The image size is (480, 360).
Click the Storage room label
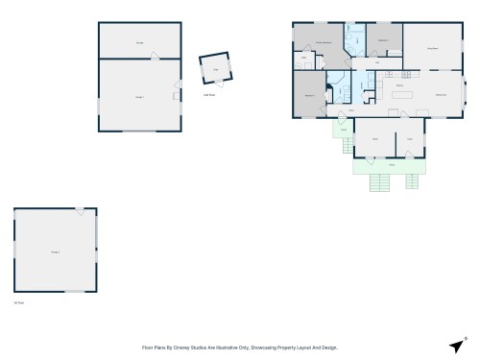click(x=140, y=43)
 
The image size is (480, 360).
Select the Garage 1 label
click(x=138, y=96)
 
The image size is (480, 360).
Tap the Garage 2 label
click(x=55, y=251)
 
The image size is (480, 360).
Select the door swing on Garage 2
click(x=80, y=211)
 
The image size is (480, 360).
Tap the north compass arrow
click(x=455, y=345)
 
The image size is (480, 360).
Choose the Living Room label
click(x=433, y=47)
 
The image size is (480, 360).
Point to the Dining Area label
click(x=441, y=93)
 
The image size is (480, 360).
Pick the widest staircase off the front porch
click(x=381, y=182)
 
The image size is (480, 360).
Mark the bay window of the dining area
click(x=465, y=93)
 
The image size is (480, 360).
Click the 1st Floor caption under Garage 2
click(x=18, y=301)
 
